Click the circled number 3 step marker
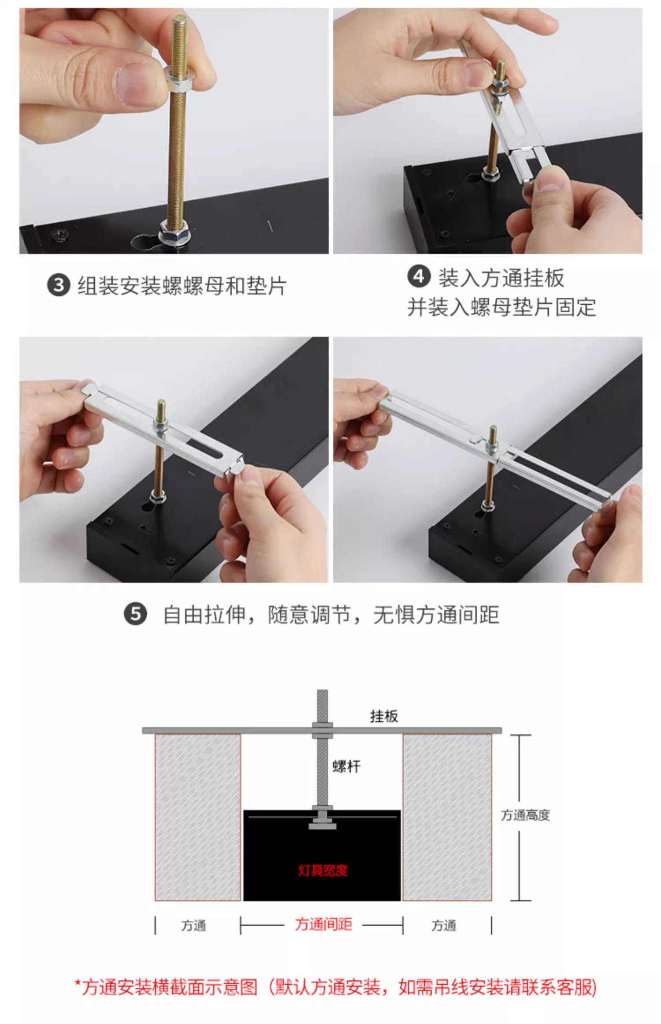pos(59,285)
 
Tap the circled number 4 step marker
pos(419,277)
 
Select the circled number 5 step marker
pos(135,615)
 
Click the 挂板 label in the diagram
pos(384,716)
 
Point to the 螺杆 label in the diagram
pos(346,766)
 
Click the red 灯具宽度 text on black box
pos(323,870)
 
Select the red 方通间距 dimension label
pos(323,924)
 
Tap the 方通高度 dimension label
pos(525,815)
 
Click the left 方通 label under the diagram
pos(193,925)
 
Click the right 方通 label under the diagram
pos(444,925)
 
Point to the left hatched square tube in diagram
pos(198,817)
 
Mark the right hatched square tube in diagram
pos(447,817)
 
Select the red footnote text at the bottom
pos(335,987)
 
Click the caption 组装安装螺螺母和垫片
pos(182,286)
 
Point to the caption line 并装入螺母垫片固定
pos(501,307)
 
